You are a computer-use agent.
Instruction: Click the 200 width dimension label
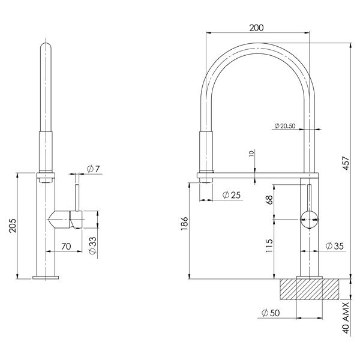(256, 28)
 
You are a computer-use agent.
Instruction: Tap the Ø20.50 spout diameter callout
(286, 126)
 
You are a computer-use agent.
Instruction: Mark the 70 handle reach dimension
(66, 246)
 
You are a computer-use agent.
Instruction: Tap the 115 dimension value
(270, 247)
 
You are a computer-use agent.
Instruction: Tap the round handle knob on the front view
(308, 220)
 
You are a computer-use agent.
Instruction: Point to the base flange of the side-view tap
(46, 277)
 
